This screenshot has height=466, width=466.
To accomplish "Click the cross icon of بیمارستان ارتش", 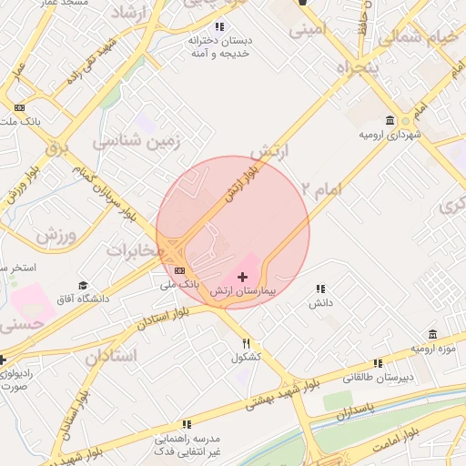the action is click(x=242, y=276).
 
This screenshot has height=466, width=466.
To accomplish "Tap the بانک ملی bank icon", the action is click(x=179, y=270).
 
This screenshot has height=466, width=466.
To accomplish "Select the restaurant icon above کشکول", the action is click(x=247, y=343).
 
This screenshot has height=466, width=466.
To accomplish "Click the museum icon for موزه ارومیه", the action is click(x=432, y=334).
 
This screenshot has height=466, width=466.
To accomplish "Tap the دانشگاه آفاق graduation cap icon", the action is click(x=84, y=285).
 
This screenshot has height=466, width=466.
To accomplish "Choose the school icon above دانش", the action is click(x=319, y=288).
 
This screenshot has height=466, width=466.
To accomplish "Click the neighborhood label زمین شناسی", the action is click(x=138, y=142).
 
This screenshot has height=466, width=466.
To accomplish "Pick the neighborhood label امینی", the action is click(x=307, y=30).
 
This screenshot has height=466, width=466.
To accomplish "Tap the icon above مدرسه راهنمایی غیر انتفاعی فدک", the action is click(x=187, y=423).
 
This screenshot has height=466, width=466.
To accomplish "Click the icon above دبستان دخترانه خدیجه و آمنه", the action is click(x=218, y=26).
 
